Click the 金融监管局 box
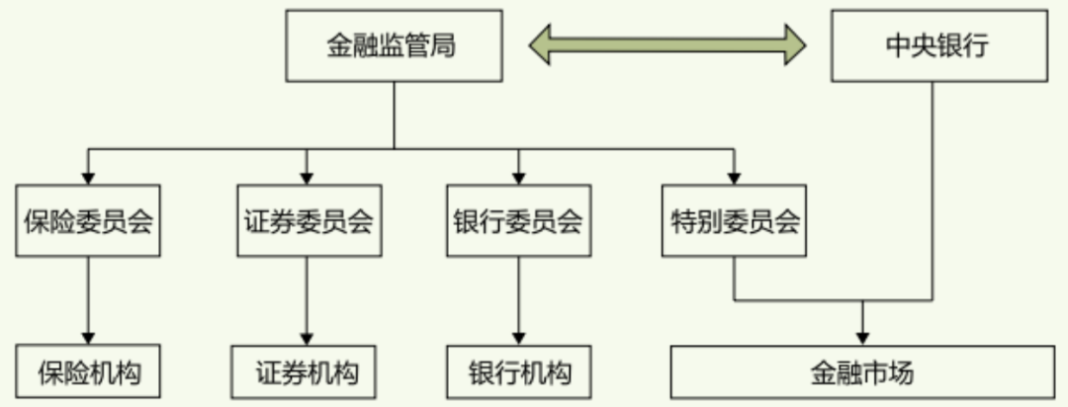[x=393, y=46]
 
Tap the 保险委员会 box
[x=88, y=220]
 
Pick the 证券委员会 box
[x=307, y=220]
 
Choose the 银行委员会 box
[x=518, y=220]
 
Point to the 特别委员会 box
[x=733, y=220]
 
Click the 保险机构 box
[x=88, y=373]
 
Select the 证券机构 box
[x=307, y=373]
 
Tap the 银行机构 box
[x=518, y=373]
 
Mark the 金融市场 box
[x=862, y=373]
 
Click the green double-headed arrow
[x=667, y=44]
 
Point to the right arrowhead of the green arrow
[x=794, y=44]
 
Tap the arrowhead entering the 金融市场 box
[x=863, y=337]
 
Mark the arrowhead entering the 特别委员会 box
[x=733, y=178]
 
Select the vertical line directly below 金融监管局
[x=394, y=114]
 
